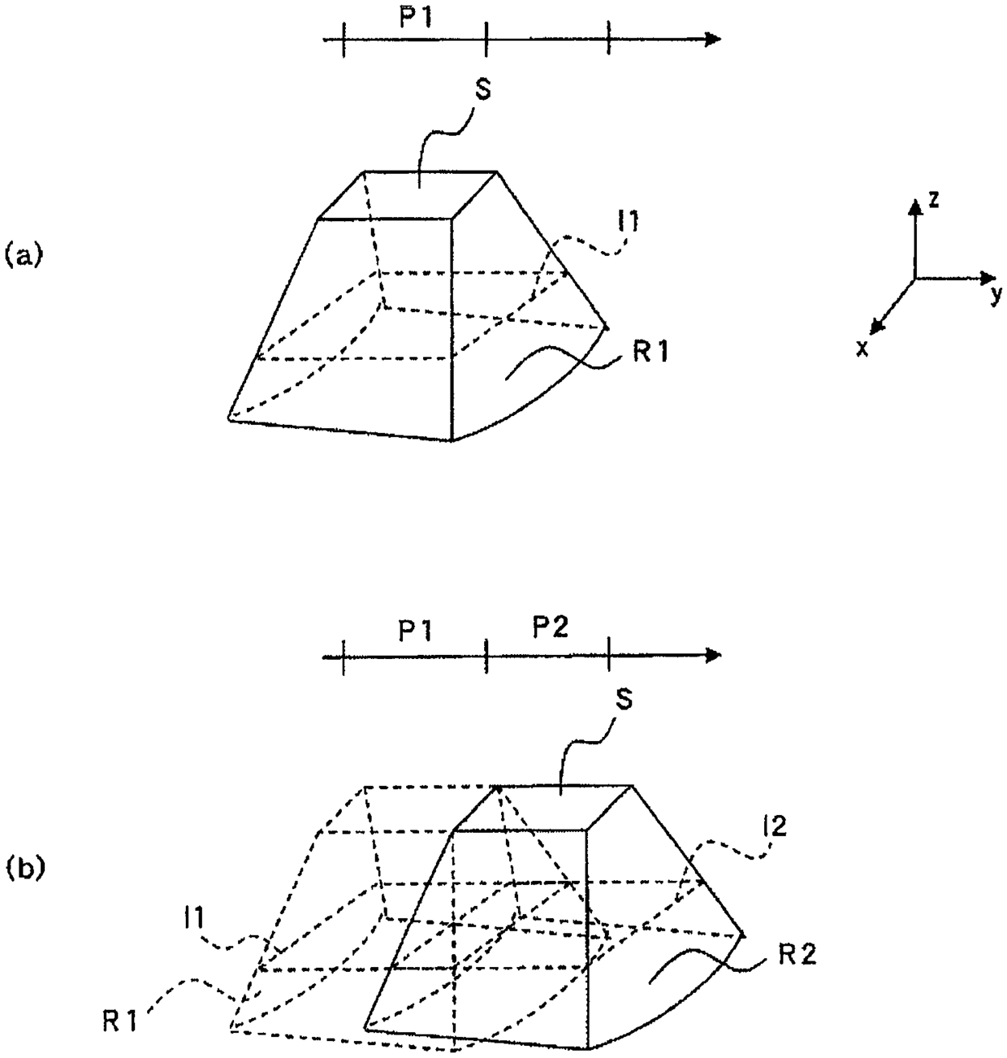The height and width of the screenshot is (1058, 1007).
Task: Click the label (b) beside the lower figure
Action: [x=23, y=869]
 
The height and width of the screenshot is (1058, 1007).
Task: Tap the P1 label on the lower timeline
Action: [x=414, y=633]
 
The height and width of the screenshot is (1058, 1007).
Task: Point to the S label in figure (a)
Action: [x=482, y=90]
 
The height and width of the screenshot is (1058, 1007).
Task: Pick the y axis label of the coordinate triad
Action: [x=996, y=294]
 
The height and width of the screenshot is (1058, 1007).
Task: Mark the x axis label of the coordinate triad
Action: [x=862, y=349]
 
